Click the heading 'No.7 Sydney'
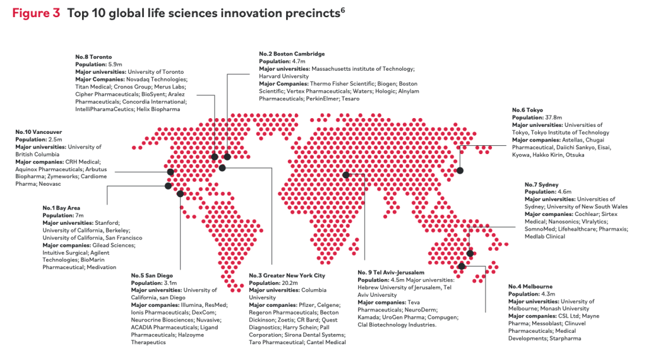coord(542,184)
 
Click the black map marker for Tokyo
coord(460,171)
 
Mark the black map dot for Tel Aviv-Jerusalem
coord(346,176)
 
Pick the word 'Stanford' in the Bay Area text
coord(107,223)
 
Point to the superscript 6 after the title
coord(342,9)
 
